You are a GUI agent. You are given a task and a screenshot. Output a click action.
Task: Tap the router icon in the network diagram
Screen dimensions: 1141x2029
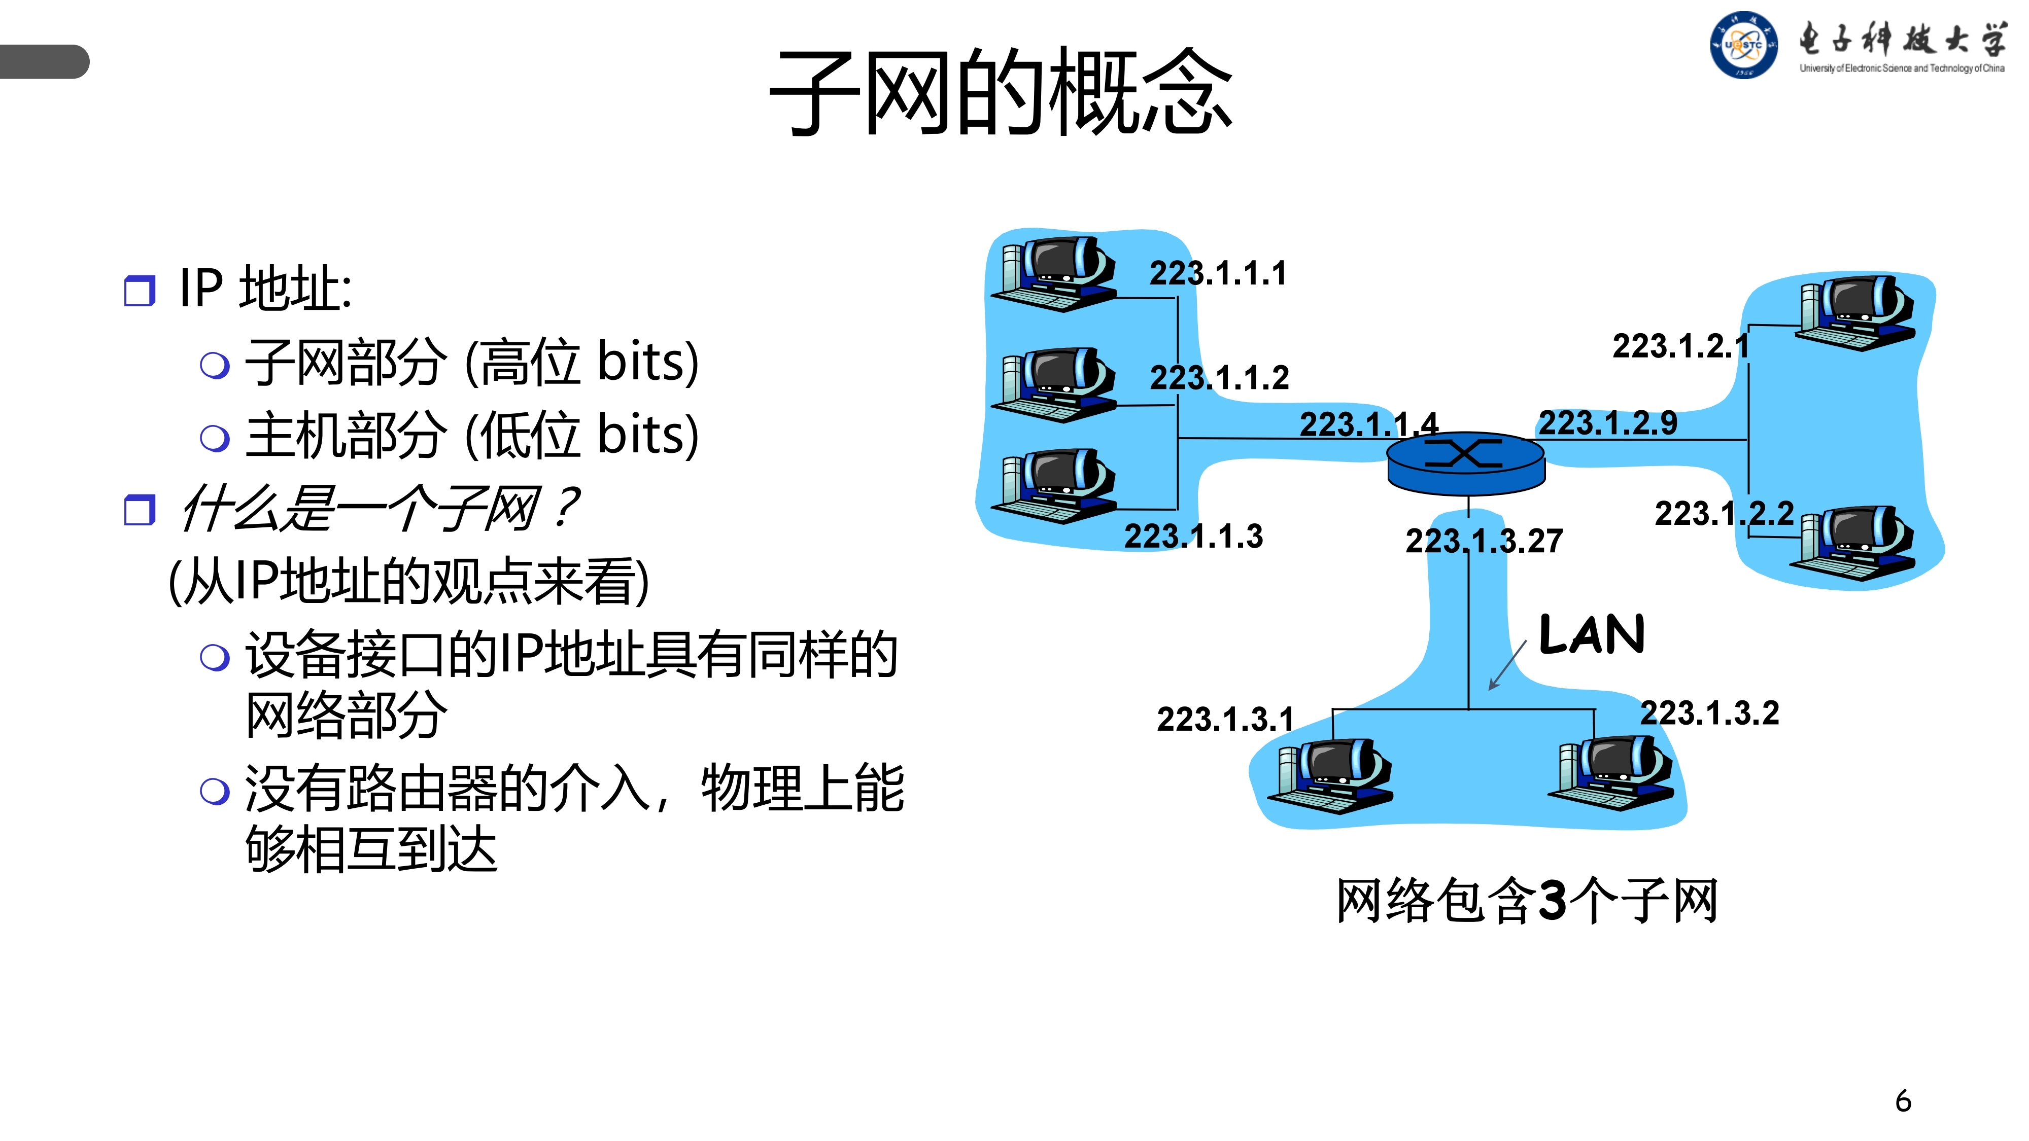(1466, 463)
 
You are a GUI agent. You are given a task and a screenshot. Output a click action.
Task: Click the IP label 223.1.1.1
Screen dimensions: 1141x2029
(1218, 273)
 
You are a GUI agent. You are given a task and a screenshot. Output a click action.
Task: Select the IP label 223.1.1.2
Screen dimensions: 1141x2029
(1219, 378)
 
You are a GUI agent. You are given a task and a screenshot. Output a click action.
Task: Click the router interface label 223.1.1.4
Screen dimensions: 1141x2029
(1368, 424)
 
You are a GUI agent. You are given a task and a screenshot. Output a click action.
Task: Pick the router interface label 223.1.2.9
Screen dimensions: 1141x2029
(1607, 423)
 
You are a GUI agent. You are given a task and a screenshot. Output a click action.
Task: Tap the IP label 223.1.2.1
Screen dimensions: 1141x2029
(1679, 346)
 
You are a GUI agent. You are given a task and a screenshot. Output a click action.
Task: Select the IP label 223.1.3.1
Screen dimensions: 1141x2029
(1225, 719)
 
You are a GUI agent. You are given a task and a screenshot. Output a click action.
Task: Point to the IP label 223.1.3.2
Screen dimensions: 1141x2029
(1709, 714)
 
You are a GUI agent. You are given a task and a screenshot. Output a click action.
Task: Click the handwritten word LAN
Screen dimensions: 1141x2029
(1592, 635)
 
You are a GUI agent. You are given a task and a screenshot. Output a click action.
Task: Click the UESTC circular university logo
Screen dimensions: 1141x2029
(1743, 46)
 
